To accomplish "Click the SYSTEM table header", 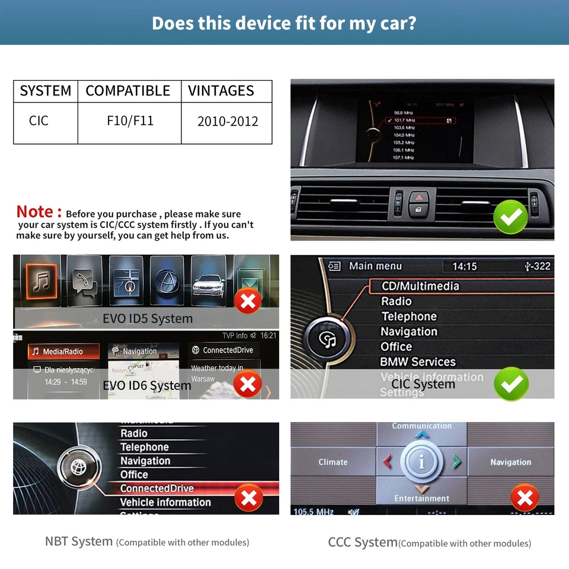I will [x=46, y=91].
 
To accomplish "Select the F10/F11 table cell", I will [x=130, y=121].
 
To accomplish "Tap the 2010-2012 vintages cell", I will [x=228, y=122].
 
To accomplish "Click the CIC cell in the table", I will [x=39, y=121].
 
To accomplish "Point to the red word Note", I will [x=39, y=212].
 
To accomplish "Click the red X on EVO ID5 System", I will [x=248, y=302].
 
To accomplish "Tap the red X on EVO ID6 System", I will [x=248, y=385].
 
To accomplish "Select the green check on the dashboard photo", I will [x=511, y=217].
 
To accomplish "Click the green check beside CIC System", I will [x=511, y=384].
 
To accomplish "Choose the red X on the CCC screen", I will [x=525, y=498].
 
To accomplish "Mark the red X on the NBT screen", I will [x=248, y=498].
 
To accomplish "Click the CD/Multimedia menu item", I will [x=420, y=286].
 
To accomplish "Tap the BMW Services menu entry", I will [x=418, y=362].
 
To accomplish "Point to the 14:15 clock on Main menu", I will [x=464, y=267].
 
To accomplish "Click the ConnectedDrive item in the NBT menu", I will [x=157, y=488].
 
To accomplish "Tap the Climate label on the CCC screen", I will [x=333, y=462].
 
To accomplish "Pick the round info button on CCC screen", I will [x=422, y=462].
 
